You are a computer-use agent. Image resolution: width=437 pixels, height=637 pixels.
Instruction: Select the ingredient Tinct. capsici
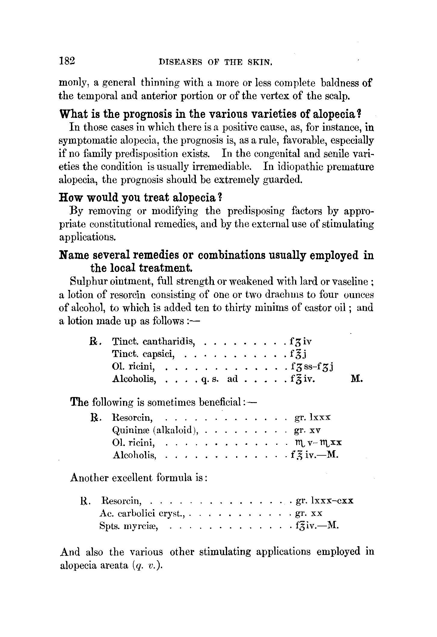click(143, 354)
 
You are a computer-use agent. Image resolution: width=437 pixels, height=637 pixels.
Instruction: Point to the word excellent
click(132, 478)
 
